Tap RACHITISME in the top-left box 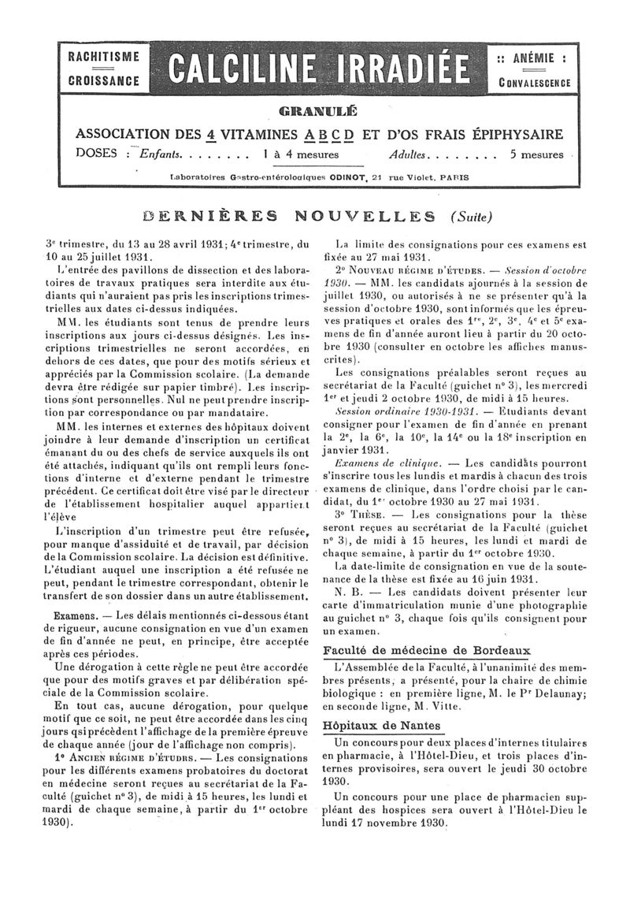pyautogui.click(x=103, y=57)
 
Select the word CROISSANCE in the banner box pyautogui.click(x=103, y=80)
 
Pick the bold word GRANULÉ pyautogui.click(x=317, y=110)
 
